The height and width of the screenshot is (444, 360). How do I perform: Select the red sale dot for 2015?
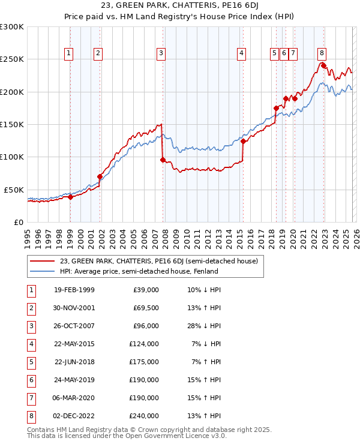coord(244,142)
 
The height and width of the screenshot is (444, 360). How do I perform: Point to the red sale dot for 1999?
coord(70,197)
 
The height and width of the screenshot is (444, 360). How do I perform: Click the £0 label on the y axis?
coord(18,223)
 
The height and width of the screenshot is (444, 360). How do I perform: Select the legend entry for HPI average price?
coord(138,271)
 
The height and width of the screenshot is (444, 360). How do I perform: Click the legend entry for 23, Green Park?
coord(158,261)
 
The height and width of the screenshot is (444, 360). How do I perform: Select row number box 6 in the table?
coord(30,380)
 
